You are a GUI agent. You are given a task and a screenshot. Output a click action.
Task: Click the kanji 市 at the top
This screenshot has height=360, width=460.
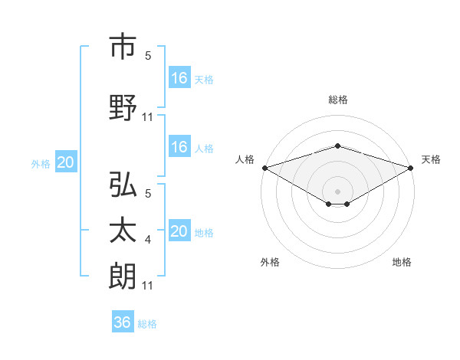coord(123,47)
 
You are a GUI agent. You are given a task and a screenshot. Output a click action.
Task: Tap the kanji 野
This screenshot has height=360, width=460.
coord(123,107)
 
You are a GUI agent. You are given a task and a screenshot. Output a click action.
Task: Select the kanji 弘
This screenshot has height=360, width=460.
coord(123,186)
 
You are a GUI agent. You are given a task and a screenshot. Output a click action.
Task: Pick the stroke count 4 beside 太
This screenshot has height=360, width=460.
coord(148,241)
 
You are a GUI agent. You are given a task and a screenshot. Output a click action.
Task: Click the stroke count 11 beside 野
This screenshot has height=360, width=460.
coord(149,116)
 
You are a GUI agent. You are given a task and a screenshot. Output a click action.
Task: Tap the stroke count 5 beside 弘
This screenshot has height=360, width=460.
coord(148,195)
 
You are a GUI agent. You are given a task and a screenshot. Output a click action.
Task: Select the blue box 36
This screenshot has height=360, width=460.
coord(123,322)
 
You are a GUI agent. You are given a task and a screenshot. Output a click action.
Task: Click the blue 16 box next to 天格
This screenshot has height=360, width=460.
coord(179,77)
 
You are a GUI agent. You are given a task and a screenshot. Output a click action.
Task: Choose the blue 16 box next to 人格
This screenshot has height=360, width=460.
coord(179,147)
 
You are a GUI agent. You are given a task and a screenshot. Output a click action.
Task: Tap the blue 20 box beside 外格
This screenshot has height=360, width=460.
coord(66,162)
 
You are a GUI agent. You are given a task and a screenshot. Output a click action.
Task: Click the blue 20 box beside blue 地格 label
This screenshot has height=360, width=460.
coord(179,231)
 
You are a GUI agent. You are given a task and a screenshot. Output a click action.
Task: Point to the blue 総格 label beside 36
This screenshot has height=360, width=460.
coord(147,324)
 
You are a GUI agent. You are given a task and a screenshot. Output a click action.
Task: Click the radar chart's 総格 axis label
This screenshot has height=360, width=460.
coord(337,100)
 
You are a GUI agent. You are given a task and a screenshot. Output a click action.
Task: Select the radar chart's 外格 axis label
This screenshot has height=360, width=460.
coord(270,262)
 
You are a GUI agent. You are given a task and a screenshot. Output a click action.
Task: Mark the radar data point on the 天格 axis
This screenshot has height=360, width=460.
coord(412,168)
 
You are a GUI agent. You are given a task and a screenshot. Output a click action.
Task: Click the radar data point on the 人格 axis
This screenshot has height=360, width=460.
coord(264,168)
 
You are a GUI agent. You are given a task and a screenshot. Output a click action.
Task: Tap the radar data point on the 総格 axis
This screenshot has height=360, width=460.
coord(337,146)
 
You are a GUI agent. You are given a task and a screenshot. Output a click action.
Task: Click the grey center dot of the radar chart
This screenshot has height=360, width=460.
coord(337,190)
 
